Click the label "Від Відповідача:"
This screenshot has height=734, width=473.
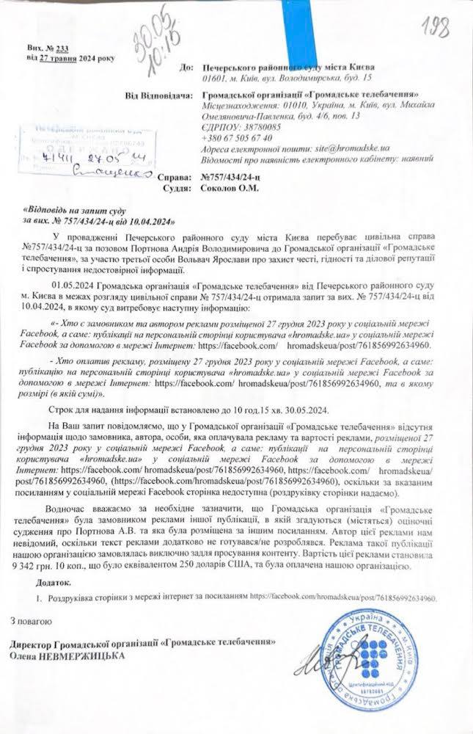[x=157, y=96]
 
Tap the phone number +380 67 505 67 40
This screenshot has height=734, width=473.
[x=238, y=137]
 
